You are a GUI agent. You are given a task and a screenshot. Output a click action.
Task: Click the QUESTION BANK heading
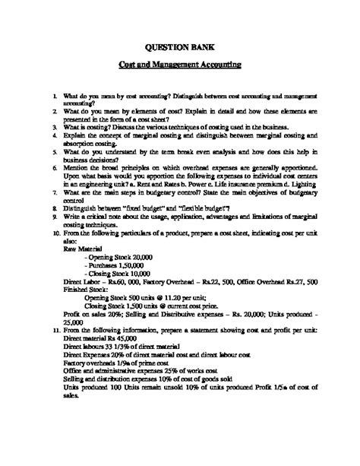click(179, 46)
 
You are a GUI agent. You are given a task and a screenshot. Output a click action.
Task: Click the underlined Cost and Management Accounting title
click(179, 65)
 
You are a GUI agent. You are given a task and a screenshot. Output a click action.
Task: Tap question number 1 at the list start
click(45, 98)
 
